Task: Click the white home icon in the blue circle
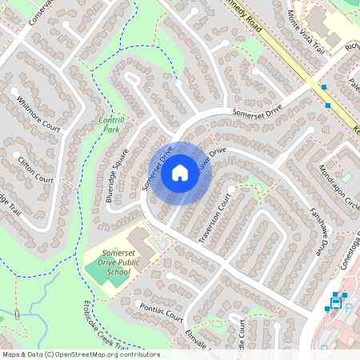click(x=180, y=173)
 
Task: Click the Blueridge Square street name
click(x=118, y=175)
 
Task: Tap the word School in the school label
click(x=118, y=273)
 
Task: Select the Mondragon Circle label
click(x=336, y=183)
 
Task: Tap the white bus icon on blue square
click(x=336, y=303)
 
